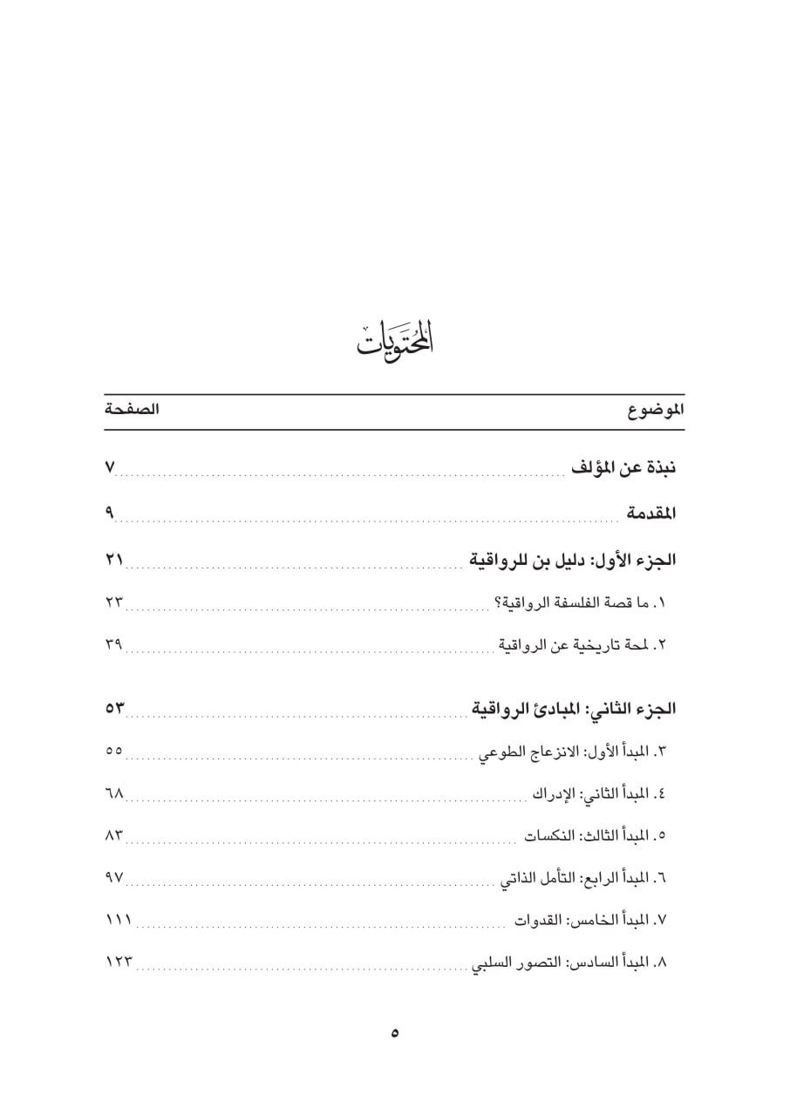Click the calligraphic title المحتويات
pyautogui.click(x=395, y=338)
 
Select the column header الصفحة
pyautogui.click(x=131, y=411)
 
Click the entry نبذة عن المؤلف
pyautogui.click(x=624, y=468)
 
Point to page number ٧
pyautogui.click(x=110, y=469)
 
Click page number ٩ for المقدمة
pyautogui.click(x=110, y=514)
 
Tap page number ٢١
pyautogui.click(x=114, y=560)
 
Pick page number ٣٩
pyautogui.click(x=114, y=645)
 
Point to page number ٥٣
pyautogui.click(x=115, y=708)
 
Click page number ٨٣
pyautogui.click(x=114, y=835)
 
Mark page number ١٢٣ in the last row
pyautogui.click(x=119, y=963)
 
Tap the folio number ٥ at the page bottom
pyautogui.click(x=395, y=1033)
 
